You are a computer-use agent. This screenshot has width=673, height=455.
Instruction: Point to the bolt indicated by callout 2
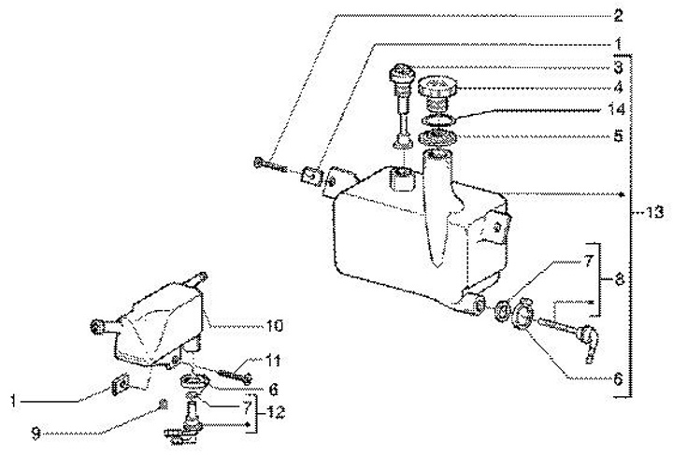269,166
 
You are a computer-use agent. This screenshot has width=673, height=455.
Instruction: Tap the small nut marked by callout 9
162,404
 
